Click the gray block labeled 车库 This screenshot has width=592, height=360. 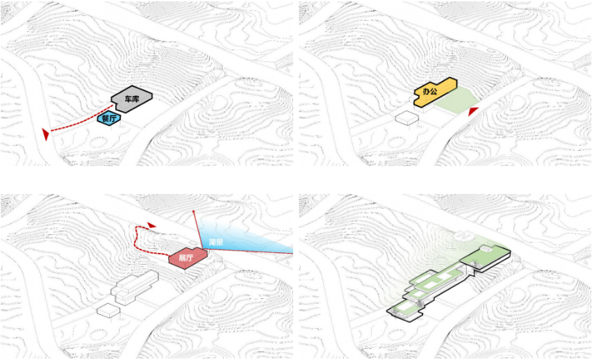(x=132, y=99)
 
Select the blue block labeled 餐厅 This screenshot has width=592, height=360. (x=109, y=118)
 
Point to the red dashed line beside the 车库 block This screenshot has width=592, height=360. (x=81, y=119)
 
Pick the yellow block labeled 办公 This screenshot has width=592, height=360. (x=434, y=92)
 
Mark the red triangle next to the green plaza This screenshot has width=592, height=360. (x=473, y=111)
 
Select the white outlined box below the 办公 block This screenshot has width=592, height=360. (x=406, y=118)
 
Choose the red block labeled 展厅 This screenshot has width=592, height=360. (x=188, y=258)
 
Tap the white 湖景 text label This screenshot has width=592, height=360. (x=215, y=242)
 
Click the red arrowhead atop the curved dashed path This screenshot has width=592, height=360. (x=151, y=225)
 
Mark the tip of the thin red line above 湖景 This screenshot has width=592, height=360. (x=193, y=210)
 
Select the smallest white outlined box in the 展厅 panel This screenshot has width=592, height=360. (x=108, y=310)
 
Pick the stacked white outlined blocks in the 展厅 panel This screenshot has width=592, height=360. (x=134, y=287)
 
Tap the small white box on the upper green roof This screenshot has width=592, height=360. (x=486, y=248)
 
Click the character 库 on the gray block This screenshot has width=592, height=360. (x=135, y=99)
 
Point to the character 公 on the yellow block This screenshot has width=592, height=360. (x=434, y=91)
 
